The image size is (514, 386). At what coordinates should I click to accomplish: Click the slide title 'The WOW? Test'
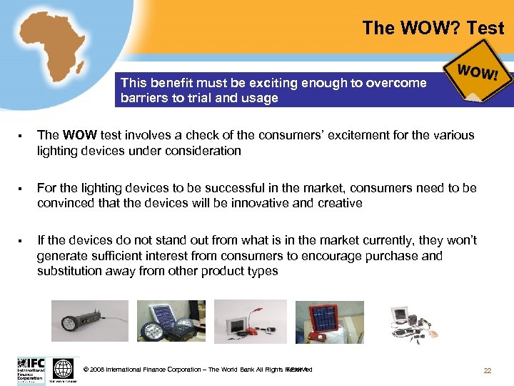(433, 29)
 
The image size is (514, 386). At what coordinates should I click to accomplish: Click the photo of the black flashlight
(90, 321)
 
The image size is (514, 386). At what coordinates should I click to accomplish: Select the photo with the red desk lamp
(251, 322)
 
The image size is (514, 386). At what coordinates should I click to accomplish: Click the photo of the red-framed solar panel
(330, 322)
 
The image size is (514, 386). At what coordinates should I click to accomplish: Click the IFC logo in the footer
(31, 370)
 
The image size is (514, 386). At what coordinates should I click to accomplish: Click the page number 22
(488, 370)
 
